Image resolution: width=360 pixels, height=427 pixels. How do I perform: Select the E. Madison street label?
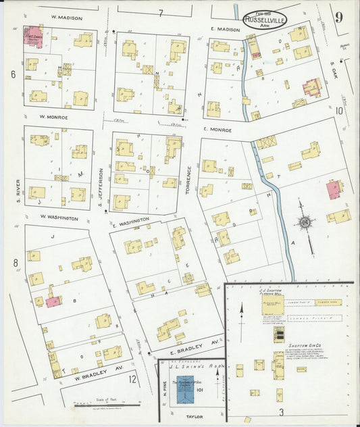[x=225, y=29]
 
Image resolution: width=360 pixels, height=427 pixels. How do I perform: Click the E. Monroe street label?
[x=217, y=129]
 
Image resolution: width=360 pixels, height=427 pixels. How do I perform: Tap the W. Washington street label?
[x=59, y=218]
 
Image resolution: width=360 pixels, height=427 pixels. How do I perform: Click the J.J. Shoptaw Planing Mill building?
[x=274, y=303]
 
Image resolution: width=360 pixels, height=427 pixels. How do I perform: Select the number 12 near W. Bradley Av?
[x=133, y=380]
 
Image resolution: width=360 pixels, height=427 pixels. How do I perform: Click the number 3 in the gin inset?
[x=280, y=411]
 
